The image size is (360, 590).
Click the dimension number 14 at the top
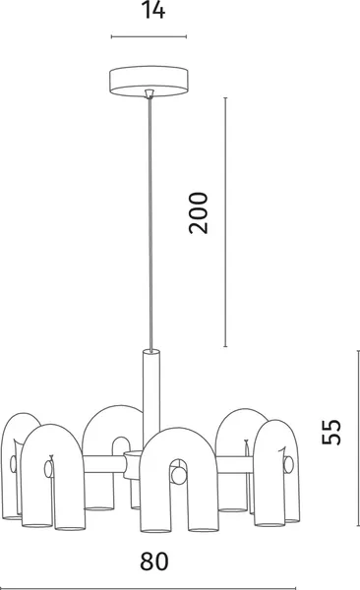pyautogui.click(x=153, y=10)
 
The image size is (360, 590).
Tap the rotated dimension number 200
pyautogui.click(x=199, y=213)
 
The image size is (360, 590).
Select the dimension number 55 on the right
pyautogui.click(x=331, y=432)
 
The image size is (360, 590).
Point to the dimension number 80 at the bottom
pyautogui.click(x=154, y=561)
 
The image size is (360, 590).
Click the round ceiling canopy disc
pyautogui.click(x=149, y=82)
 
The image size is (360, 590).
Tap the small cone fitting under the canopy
pyautogui.click(x=150, y=93)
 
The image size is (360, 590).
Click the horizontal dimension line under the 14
pyautogui.click(x=149, y=36)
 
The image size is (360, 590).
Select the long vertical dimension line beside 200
pyautogui.click(x=225, y=222)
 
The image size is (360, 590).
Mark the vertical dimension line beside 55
pyautogui.click(x=358, y=438)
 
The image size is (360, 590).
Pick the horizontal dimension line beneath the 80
pyautogui.click(x=148, y=588)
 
